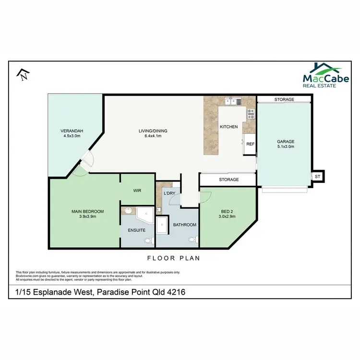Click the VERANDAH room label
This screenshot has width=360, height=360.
coord(72,131)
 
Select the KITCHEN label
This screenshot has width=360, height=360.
coord(228,127)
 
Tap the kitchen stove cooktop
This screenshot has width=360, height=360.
coord(250,114)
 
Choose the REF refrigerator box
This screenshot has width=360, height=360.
coord(250,144)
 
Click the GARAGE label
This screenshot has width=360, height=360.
coord(285,142)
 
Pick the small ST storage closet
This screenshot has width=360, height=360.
coord(318,177)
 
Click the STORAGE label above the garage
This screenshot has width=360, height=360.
coord(284,99)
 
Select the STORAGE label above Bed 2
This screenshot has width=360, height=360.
coord(228,180)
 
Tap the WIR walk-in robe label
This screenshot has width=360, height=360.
coord(137,191)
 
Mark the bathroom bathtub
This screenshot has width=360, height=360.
coord(162,224)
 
